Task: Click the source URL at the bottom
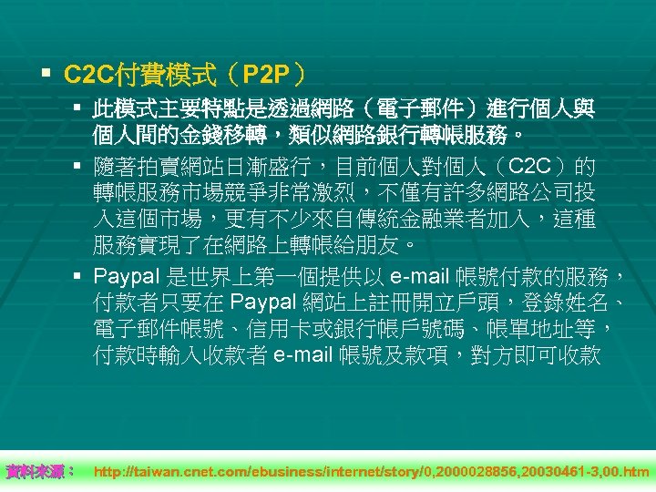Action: tap(372, 471)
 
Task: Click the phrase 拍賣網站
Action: tap(169, 168)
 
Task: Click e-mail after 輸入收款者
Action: tap(303, 354)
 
